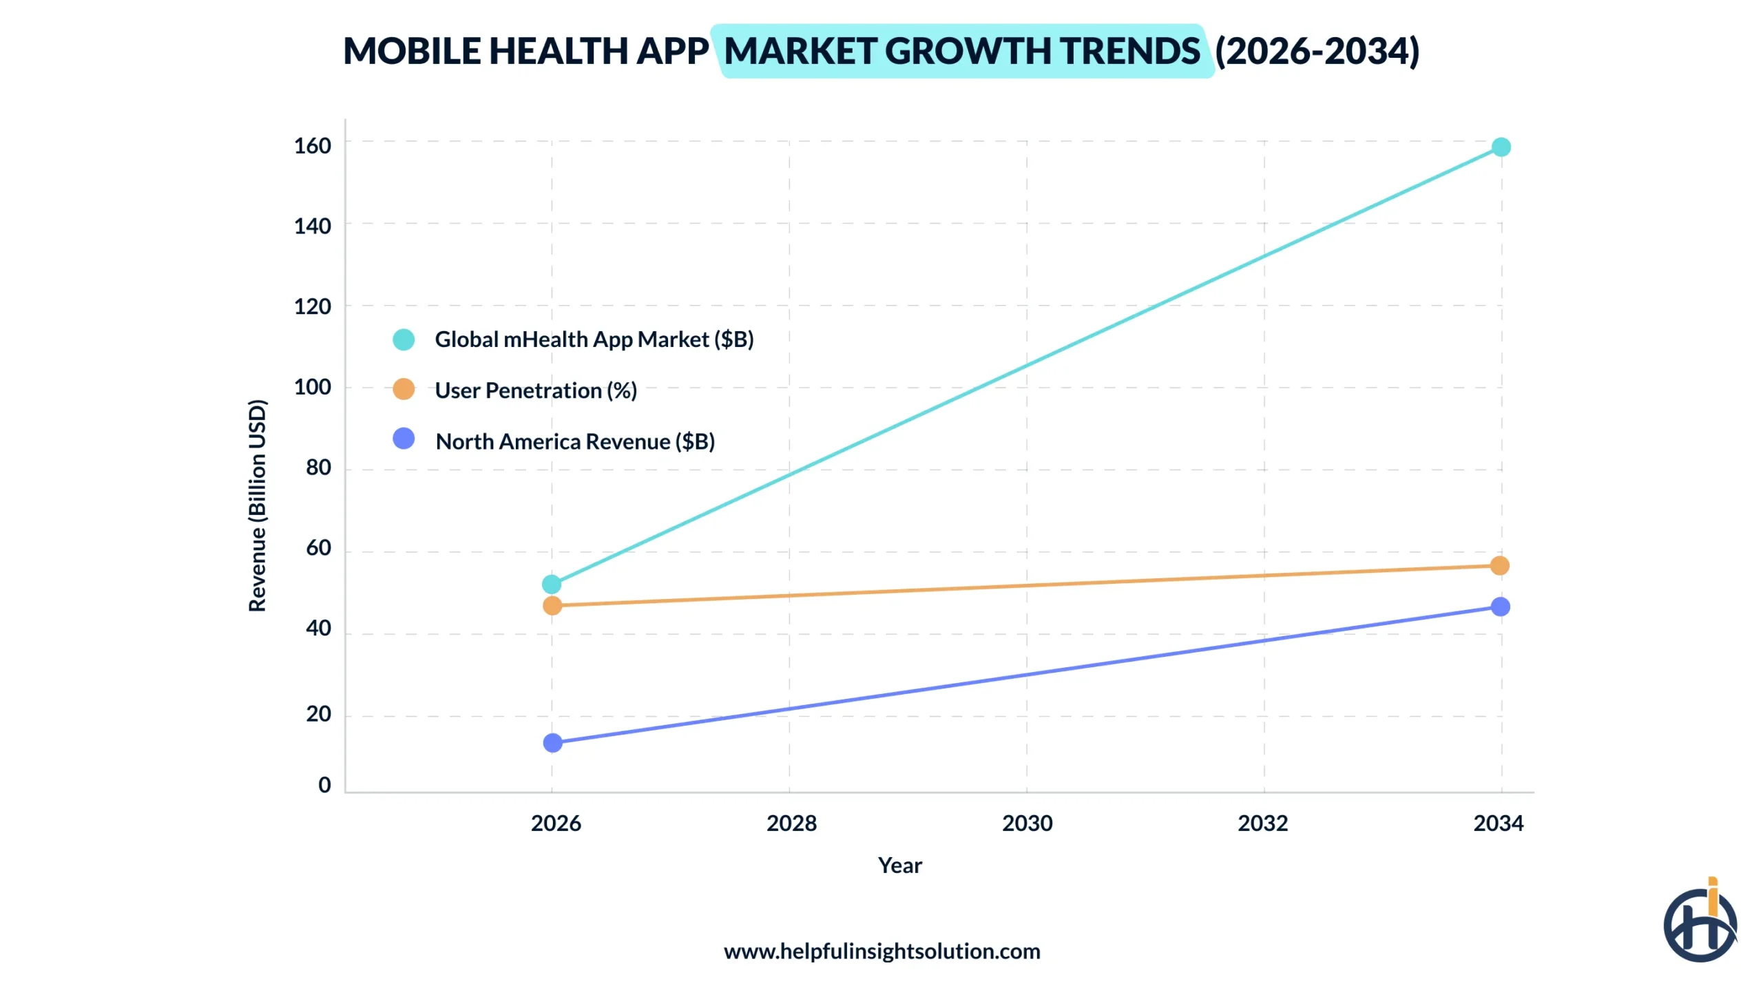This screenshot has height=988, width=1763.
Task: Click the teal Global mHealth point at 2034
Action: (1500, 147)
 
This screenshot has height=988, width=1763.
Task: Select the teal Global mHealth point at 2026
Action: (551, 584)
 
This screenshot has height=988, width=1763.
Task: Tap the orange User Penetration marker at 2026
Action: (552, 605)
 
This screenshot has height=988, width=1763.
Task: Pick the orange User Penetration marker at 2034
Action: (1499, 565)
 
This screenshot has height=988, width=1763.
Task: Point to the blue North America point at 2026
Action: (552, 742)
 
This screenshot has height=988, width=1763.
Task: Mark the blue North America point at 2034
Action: (1499, 606)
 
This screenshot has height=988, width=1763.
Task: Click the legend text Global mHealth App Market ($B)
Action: (594, 339)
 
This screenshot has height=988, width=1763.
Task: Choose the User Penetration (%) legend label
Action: (535, 390)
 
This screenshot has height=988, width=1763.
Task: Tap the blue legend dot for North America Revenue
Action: (404, 439)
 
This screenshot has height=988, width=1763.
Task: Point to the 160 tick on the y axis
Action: (312, 145)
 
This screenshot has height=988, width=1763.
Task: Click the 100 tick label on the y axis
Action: (312, 386)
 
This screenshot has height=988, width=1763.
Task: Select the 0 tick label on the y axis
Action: (324, 784)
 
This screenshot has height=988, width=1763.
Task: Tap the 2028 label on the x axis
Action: (791, 823)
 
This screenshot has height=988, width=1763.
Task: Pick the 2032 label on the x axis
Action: (1262, 823)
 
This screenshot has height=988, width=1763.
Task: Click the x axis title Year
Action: (899, 865)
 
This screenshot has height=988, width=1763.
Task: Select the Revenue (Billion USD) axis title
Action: (257, 505)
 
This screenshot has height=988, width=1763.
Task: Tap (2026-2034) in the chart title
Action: (1316, 51)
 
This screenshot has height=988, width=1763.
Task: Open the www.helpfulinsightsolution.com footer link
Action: (881, 951)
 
